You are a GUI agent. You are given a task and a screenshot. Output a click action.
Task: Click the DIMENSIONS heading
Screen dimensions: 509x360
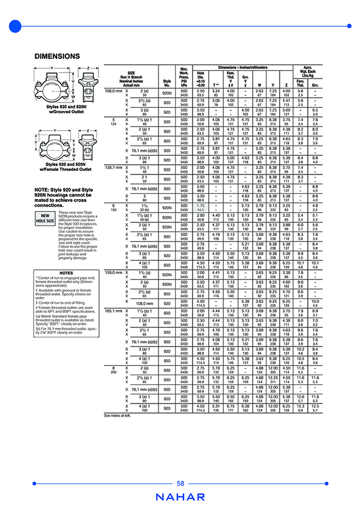click(x=58, y=56)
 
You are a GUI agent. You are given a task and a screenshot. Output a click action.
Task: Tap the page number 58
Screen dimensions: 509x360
click(x=180, y=484)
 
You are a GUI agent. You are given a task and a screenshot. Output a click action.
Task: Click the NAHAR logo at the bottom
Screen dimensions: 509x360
click(x=180, y=497)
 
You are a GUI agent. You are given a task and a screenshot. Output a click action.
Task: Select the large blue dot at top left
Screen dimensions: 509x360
click(x=13, y=26)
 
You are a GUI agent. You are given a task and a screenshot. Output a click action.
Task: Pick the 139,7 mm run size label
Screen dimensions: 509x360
click(x=113, y=166)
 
